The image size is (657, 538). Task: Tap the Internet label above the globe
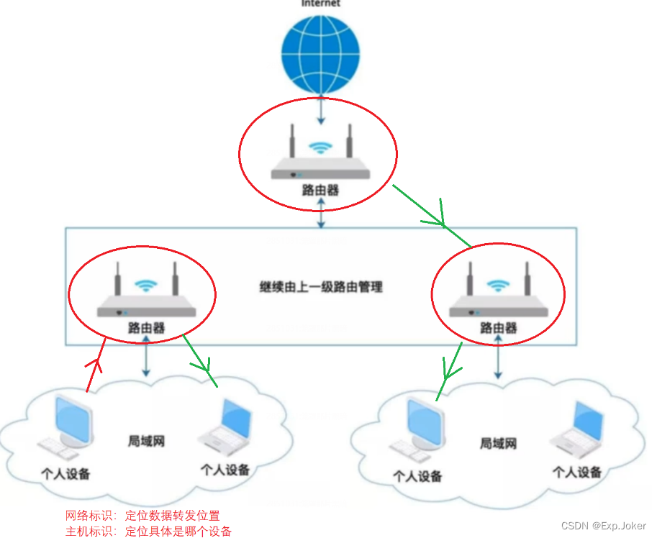click(321, 4)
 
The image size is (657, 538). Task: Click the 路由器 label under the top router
click(320, 191)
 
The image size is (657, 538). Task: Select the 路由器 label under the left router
click(146, 328)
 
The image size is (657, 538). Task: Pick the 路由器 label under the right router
click(498, 328)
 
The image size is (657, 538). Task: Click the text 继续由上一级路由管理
click(321, 286)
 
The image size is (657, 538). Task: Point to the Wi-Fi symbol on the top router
click(320, 147)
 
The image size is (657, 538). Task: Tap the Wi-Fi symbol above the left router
click(146, 286)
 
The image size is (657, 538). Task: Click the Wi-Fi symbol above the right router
click(497, 286)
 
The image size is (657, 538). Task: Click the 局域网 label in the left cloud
click(146, 440)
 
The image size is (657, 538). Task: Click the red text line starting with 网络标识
click(142, 516)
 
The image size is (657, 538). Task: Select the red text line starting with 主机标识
click(148, 531)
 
